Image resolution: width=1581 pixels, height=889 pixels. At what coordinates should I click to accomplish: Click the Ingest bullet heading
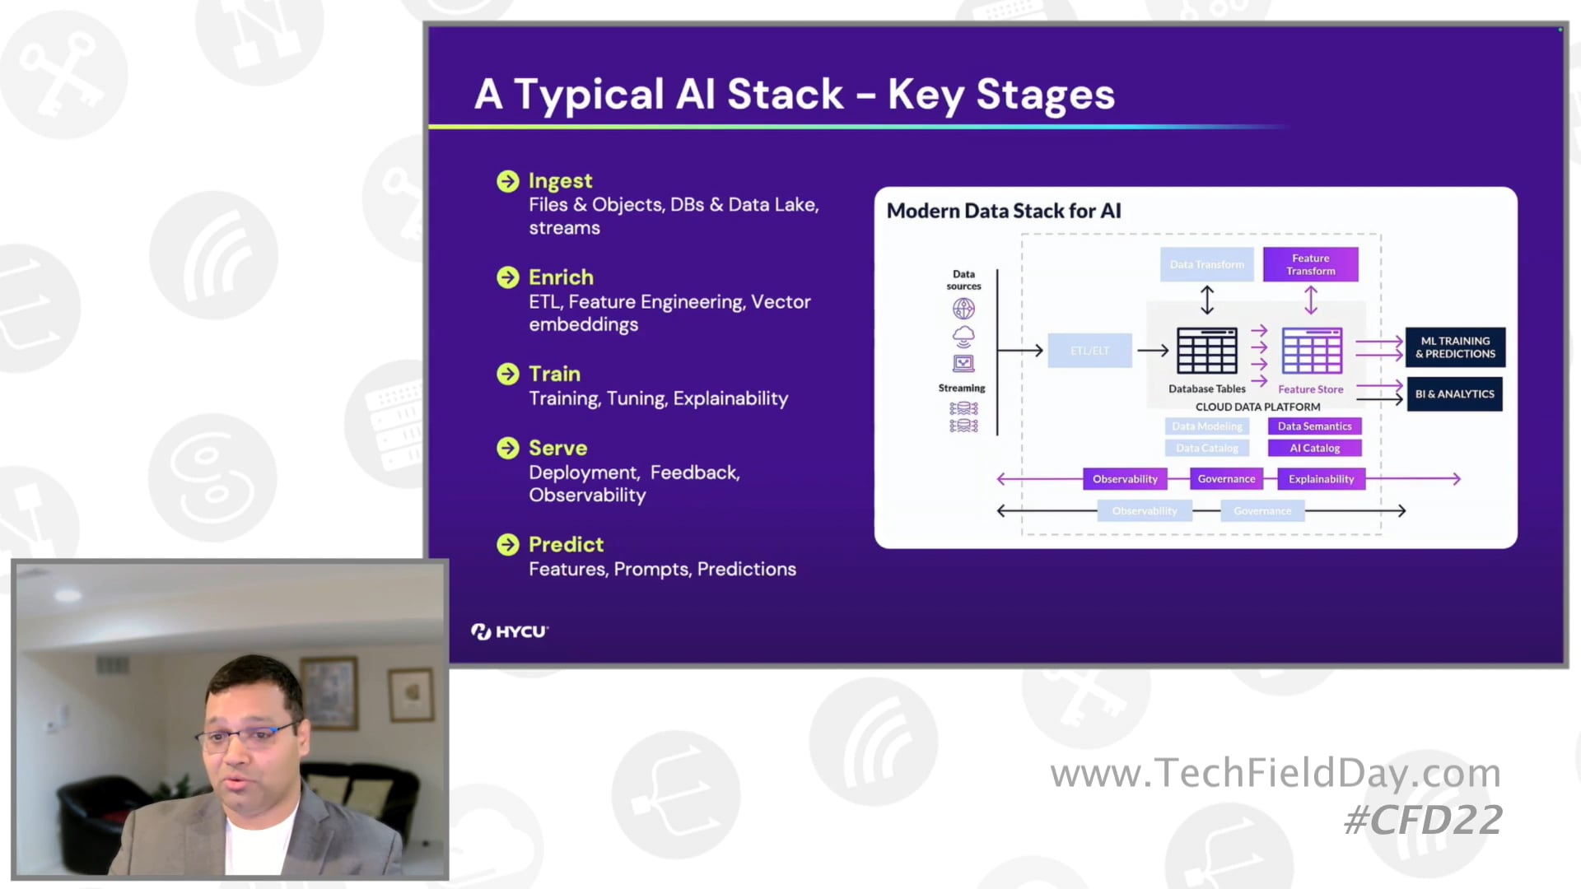[x=560, y=181]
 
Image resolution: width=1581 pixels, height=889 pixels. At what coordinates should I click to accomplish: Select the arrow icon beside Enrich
[x=508, y=277]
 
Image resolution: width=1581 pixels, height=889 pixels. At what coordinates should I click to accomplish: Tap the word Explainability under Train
[x=730, y=398]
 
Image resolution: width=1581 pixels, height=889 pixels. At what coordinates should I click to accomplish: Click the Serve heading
[x=557, y=448]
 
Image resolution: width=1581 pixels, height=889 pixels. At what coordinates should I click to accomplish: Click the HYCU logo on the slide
[x=510, y=631]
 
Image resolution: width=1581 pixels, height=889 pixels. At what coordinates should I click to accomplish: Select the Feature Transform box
[x=1310, y=264]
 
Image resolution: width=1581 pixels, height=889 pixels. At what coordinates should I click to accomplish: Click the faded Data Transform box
[x=1206, y=264]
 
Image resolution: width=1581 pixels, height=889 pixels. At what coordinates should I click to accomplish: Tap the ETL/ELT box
[x=1089, y=351]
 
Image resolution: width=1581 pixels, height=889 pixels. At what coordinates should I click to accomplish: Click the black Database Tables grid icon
[x=1206, y=351]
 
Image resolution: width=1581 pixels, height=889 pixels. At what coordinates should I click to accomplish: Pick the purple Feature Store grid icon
[x=1311, y=351]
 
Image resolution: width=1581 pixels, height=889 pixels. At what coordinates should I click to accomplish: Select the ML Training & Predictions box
[x=1455, y=347]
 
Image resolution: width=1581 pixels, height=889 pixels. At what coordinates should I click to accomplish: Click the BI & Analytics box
[x=1454, y=394]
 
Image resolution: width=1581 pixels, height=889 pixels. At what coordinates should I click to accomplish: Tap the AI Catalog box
[x=1314, y=449]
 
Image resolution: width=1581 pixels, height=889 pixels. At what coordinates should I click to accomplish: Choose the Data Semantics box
[x=1314, y=426]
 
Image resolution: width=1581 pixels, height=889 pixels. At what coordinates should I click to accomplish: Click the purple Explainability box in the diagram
[x=1321, y=479]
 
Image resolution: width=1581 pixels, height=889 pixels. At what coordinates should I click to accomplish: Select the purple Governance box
[x=1226, y=479]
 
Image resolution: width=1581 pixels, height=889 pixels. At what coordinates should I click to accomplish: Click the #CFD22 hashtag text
[x=1423, y=821]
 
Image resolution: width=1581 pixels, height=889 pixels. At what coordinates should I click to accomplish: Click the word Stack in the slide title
[x=785, y=94]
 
